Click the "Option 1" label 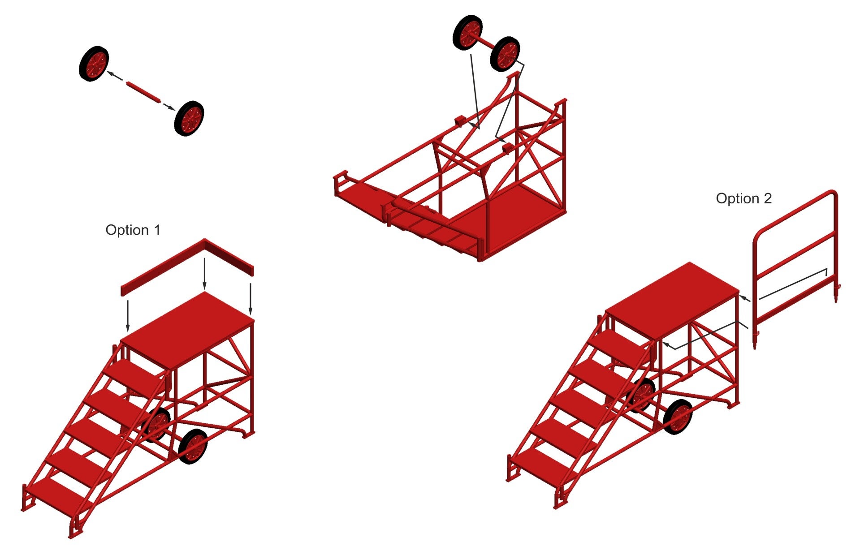(x=133, y=230)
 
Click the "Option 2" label (x=743, y=198)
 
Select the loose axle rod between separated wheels (x=143, y=92)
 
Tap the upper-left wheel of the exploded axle (x=94, y=63)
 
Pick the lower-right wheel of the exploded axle (x=189, y=118)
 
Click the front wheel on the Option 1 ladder (x=193, y=446)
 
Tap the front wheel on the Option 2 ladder (x=678, y=417)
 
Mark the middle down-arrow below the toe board (x=205, y=273)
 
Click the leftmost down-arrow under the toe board (x=128, y=316)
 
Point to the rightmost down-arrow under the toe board (x=251, y=299)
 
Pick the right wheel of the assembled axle (x=505, y=54)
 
